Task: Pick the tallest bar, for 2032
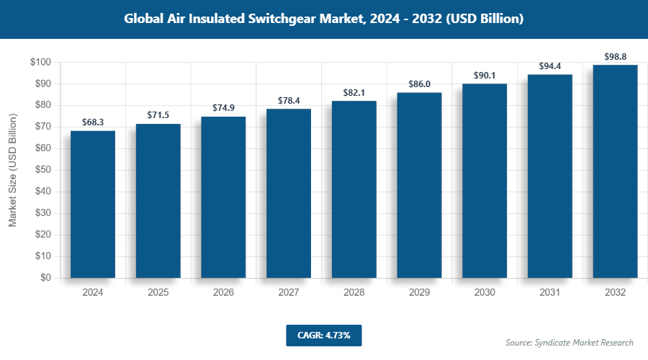[615, 171]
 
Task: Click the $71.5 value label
[158, 115]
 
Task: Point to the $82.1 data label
[354, 93]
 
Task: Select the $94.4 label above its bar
[550, 66]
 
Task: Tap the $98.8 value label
[615, 56]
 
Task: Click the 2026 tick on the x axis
[223, 292]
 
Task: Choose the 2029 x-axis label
[419, 292]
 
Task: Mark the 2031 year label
[550, 292]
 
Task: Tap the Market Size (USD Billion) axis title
[13, 170]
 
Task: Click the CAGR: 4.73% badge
[323, 335]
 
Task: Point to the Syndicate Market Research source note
[570, 342]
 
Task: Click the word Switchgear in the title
[292, 19]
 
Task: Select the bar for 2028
[354, 189]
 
